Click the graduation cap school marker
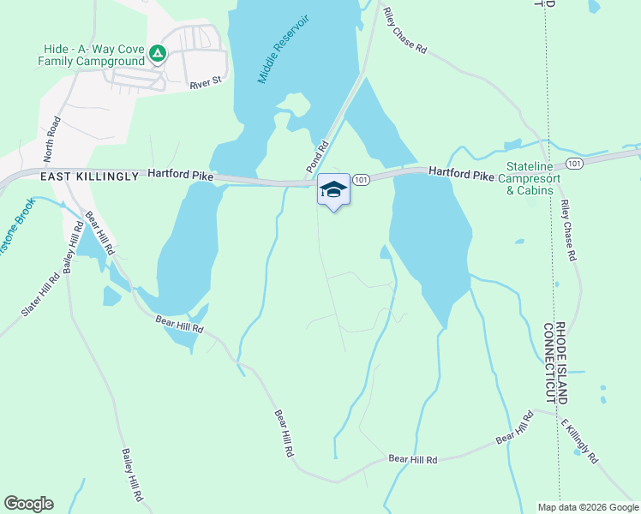point(333,190)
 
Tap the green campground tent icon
point(157,54)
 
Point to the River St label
point(206,82)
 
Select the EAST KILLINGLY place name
point(89,176)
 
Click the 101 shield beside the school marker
point(361,179)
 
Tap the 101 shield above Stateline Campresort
point(573,163)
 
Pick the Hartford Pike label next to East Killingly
point(180,173)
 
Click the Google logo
point(28,503)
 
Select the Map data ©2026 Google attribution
point(588,507)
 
